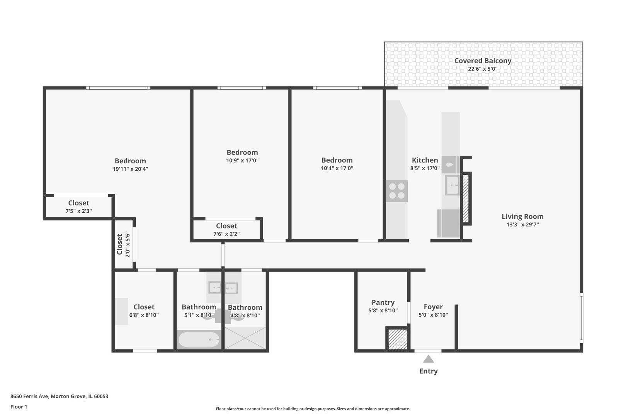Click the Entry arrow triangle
[x=428, y=359]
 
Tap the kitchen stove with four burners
[x=397, y=191]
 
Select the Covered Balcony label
[x=483, y=61]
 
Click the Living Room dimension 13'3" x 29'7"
[x=522, y=225]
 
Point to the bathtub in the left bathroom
[x=199, y=340]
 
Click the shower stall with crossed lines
[x=245, y=339]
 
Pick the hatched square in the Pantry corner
[x=398, y=339]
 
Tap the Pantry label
[x=383, y=302]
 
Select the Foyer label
[x=433, y=307]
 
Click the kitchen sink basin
[x=452, y=185]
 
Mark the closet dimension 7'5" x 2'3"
[x=78, y=211]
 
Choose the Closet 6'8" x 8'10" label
[x=144, y=307]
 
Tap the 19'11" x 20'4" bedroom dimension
[x=130, y=169]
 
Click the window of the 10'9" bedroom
[x=242, y=88]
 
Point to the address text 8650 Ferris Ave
[x=59, y=396]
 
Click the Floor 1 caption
[x=19, y=407]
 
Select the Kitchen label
[x=425, y=160]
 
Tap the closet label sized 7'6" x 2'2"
[x=226, y=226]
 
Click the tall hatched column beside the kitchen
[x=466, y=198]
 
